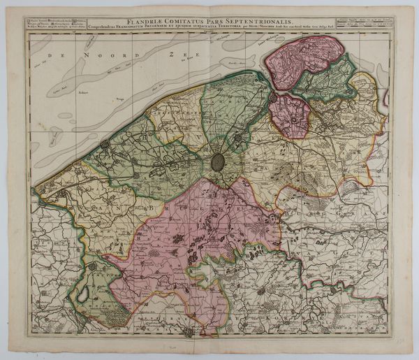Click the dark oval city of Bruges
[218, 162]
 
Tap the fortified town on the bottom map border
[188, 332]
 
